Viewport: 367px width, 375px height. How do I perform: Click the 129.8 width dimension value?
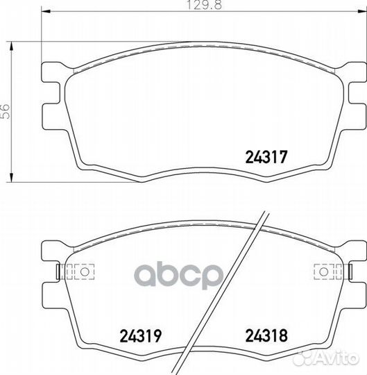tap(203, 5)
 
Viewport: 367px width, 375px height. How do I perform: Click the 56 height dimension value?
tap(6, 111)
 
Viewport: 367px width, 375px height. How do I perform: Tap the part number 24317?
tap(266, 157)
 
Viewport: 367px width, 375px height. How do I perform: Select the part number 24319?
tap(141, 335)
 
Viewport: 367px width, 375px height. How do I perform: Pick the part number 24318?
tap(266, 335)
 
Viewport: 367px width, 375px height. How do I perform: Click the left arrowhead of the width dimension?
tap(46, 11)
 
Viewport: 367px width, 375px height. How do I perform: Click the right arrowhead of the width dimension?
tap(362, 11)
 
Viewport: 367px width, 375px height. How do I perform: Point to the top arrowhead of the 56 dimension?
tap(11, 46)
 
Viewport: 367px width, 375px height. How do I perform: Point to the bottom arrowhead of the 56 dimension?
tap(11, 178)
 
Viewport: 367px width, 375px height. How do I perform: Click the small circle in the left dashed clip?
tap(85, 272)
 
